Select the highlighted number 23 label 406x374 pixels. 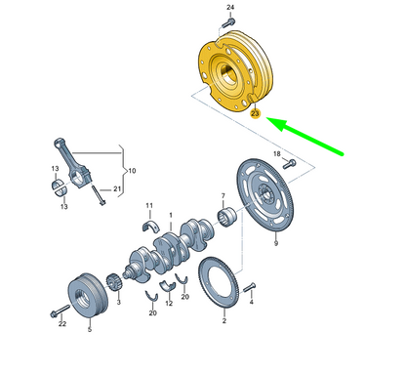(256, 114)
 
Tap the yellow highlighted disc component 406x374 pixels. (235, 70)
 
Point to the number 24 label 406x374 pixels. (230, 8)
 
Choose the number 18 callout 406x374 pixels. (276, 154)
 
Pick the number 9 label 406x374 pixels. (276, 243)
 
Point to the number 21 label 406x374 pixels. (116, 188)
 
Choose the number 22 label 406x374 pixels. (61, 324)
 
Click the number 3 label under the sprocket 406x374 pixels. (119, 304)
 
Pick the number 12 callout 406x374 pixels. (169, 304)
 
